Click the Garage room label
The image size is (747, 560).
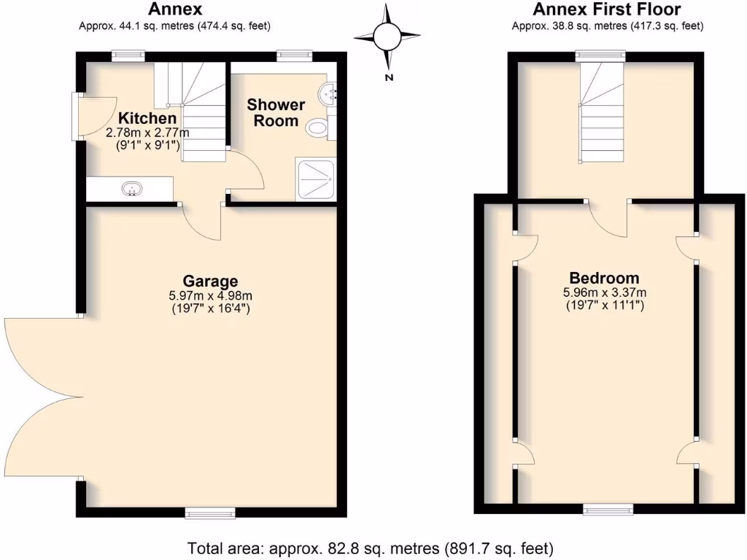210,281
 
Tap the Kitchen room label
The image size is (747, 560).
147,118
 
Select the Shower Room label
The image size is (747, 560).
275,112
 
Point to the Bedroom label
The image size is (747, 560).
604,278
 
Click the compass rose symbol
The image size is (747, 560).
387,35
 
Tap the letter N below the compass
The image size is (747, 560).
390,77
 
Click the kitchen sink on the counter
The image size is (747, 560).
131,190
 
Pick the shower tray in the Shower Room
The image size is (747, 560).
315,178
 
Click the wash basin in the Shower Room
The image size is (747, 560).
328,93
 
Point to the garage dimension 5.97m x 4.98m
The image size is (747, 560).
210,296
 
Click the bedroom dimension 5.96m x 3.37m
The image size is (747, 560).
604,293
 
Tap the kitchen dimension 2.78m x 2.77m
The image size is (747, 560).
147,133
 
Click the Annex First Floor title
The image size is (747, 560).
607,9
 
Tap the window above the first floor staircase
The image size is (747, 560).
600,55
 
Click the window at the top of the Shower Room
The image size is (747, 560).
294,55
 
